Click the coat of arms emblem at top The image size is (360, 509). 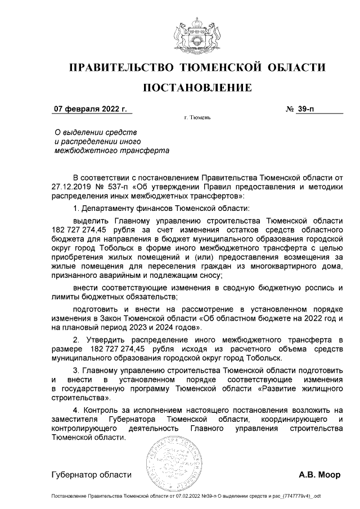197,33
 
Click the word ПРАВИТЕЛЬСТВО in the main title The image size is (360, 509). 120,68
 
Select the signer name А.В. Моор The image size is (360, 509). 319,475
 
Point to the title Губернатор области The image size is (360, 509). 91,475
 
